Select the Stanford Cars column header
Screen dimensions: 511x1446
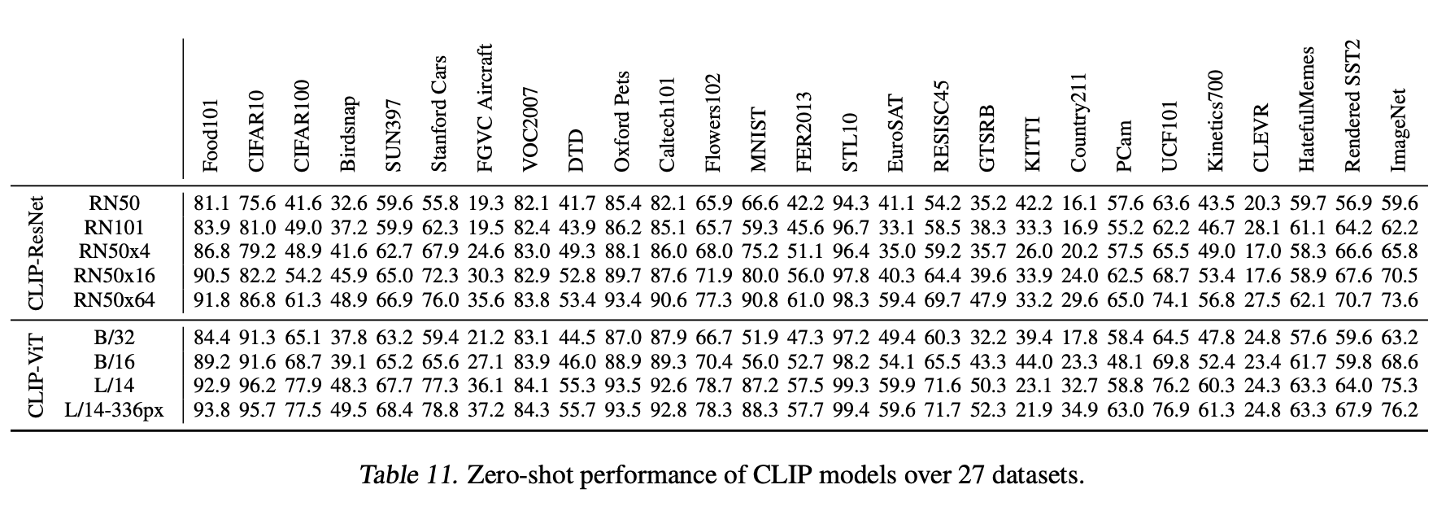438,114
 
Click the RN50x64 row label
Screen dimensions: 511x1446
115,300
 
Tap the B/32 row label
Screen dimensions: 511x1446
115,335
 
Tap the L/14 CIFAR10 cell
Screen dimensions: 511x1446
257,386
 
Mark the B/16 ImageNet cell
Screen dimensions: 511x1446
1399,360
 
